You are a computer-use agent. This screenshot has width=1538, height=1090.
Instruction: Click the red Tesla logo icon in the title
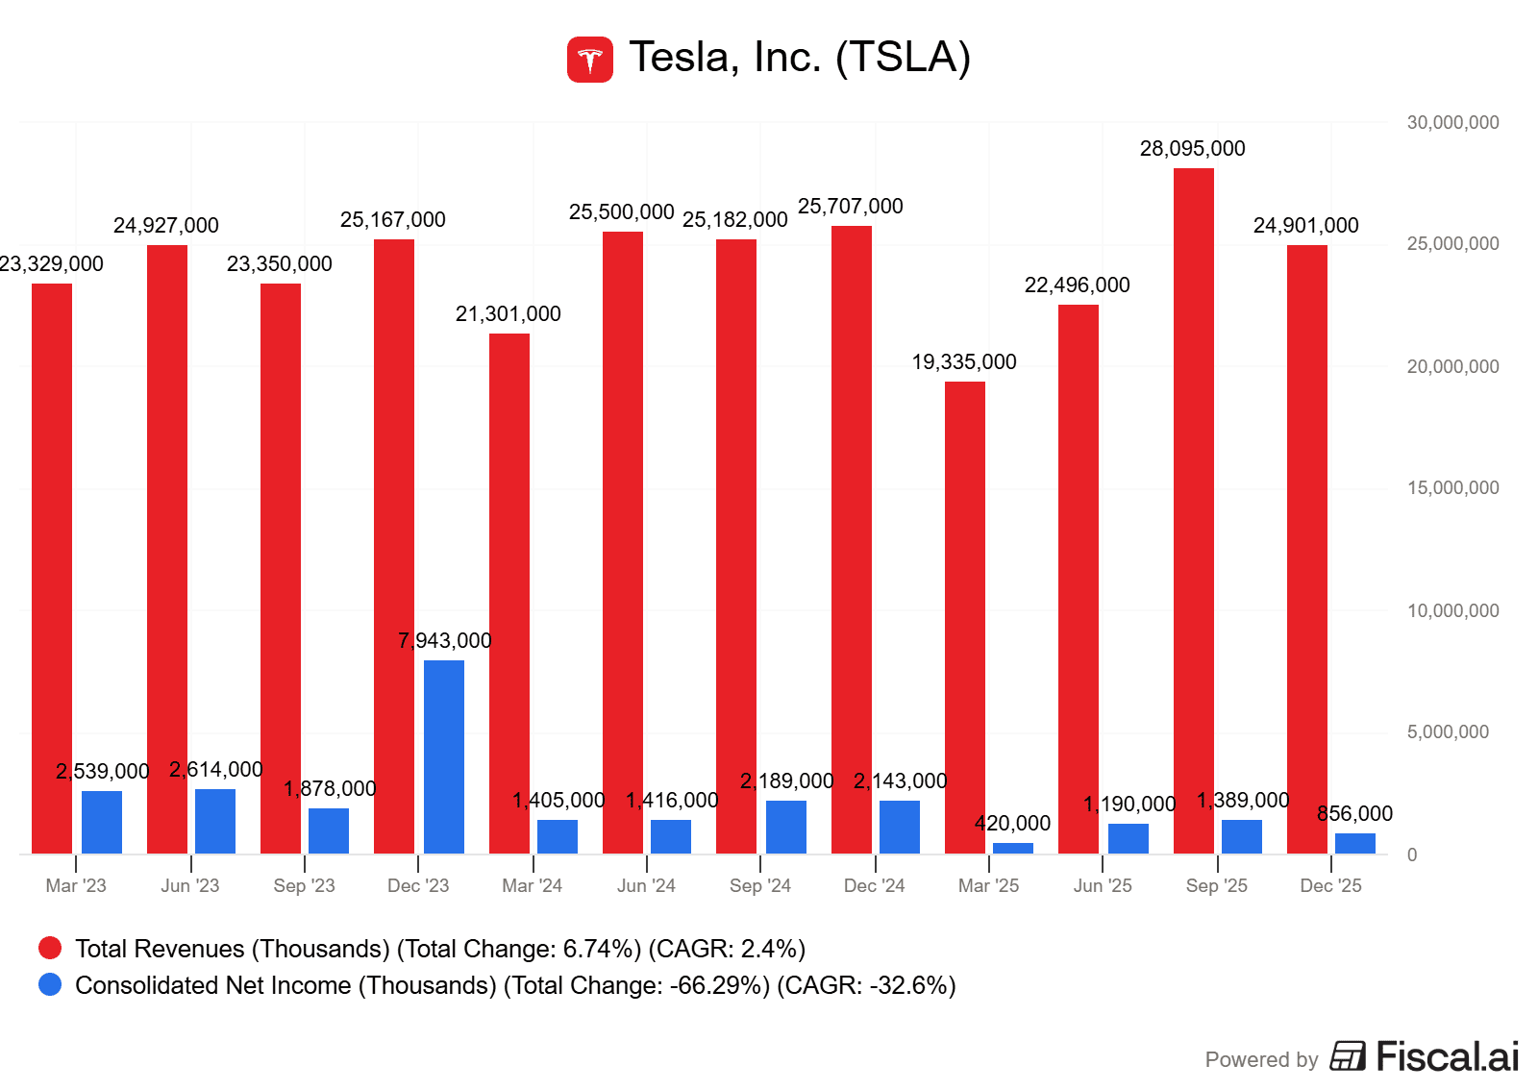pyautogui.click(x=589, y=60)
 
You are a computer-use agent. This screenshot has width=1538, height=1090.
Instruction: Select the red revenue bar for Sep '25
pyautogui.click(x=1193, y=509)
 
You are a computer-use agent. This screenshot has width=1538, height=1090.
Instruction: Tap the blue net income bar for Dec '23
pyautogui.click(x=443, y=756)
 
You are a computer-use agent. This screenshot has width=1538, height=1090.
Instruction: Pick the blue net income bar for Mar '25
pyautogui.click(x=1012, y=848)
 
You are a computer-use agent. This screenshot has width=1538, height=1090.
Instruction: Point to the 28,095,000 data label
pyautogui.click(x=1192, y=149)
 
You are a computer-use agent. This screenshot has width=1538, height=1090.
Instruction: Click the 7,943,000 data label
pyautogui.click(x=444, y=641)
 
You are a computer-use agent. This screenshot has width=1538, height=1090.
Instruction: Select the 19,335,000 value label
pyautogui.click(x=964, y=362)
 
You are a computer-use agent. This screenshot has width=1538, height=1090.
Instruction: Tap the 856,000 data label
pyautogui.click(x=1354, y=814)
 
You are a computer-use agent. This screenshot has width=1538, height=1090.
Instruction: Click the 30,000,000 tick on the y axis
pyautogui.click(x=1452, y=123)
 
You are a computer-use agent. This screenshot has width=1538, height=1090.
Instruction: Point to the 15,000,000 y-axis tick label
pyautogui.click(x=1452, y=488)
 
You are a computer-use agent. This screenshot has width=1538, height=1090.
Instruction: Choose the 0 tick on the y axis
pyautogui.click(x=1411, y=855)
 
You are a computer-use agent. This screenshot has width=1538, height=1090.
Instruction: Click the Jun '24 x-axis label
pyautogui.click(x=646, y=886)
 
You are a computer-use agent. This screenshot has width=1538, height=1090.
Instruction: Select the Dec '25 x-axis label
pyautogui.click(x=1330, y=886)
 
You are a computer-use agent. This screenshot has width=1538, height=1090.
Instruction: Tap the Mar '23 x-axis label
pyautogui.click(x=76, y=886)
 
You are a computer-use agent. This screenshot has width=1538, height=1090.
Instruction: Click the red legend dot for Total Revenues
pyautogui.click(x=50, y=949)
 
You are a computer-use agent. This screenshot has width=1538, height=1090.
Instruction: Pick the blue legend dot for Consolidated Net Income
pyautogui.click(x=50, y=985)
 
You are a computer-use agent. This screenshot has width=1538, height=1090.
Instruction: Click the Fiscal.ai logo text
pyautogui.click(x=1447, y=1057)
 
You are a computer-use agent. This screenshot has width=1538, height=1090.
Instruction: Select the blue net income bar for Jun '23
pyautogui.click(x=215, y=821)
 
